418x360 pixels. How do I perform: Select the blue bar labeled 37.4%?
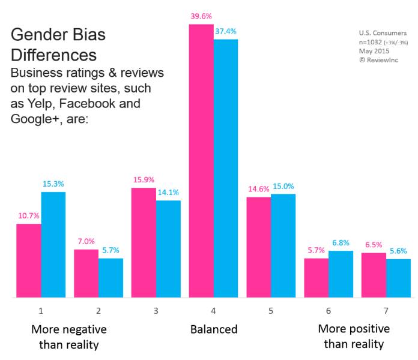coord(226,168)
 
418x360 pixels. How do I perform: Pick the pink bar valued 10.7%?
coord(28,260)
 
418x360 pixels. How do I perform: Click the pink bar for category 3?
coord(144,242)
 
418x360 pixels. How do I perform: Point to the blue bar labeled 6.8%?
coord(341,274)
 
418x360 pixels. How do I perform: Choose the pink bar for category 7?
coord(374,275)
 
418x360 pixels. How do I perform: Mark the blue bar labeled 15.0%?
coord(283,245)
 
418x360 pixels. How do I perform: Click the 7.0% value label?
coord(85,241)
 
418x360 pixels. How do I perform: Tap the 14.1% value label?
coord(168,193)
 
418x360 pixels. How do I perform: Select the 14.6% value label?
coord(258,188)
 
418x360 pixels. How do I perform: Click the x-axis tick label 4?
coord(213,311)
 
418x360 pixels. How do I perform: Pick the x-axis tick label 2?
coord(98,311)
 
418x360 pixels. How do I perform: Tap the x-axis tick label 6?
coord(329,311)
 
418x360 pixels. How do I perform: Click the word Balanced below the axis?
coord(214,329)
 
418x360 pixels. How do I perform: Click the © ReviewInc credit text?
coord(381,60)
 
